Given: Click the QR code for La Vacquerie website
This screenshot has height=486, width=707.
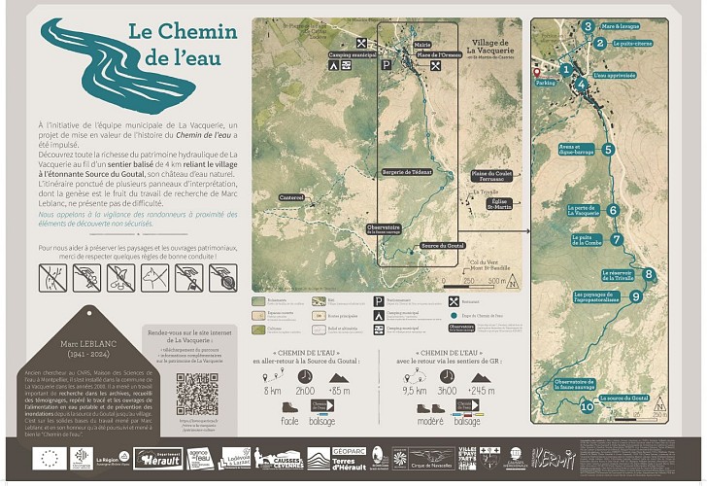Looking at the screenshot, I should (197, 393).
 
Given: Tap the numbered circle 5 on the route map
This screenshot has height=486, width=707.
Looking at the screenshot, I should (608, 150).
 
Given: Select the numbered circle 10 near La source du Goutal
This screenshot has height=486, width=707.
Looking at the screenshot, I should (587, 406).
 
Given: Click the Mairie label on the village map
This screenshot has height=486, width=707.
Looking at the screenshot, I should (422, 45).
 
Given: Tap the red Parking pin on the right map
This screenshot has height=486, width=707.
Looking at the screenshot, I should (535, 73).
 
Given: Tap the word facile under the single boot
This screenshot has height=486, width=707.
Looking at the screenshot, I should (290, 422).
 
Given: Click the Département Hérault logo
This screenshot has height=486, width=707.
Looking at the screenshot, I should (157, 457).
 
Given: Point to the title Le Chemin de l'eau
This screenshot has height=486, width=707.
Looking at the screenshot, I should (175, 45).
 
